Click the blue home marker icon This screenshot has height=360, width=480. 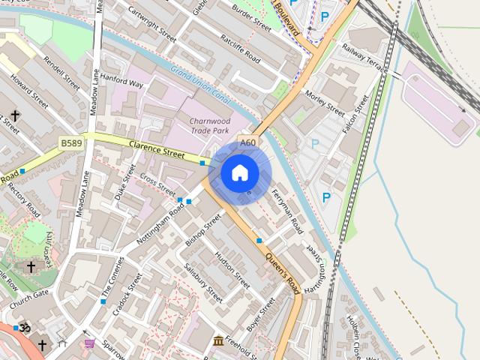[240, 173]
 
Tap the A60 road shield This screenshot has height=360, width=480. [247, 143]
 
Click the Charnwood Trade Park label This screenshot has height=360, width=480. [210, 125]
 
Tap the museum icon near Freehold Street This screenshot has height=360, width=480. [218, 342]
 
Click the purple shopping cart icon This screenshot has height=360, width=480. [90, 343]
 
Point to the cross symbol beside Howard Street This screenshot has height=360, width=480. [15, 115]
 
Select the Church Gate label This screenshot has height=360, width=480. [30, 292]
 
